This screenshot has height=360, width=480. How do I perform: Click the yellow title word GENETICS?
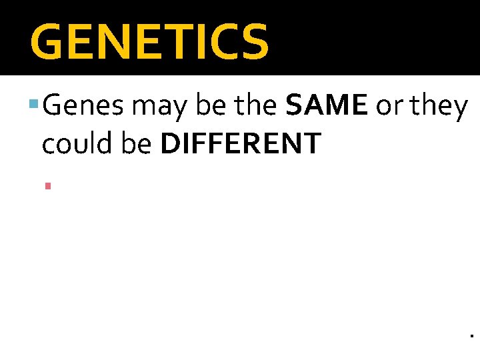(149, 41)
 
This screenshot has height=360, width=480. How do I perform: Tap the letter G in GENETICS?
(49, 41)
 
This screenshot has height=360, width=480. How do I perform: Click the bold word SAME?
(326, 107)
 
